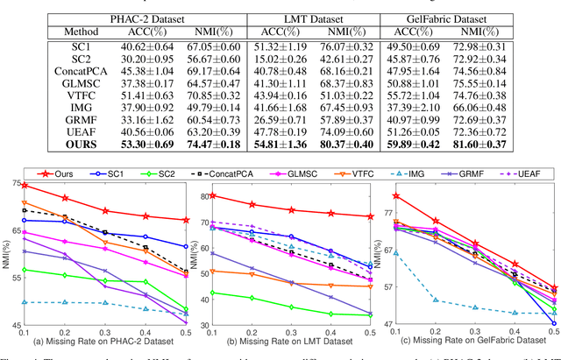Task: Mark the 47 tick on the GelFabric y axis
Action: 380,324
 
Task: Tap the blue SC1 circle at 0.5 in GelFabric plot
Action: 553,323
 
